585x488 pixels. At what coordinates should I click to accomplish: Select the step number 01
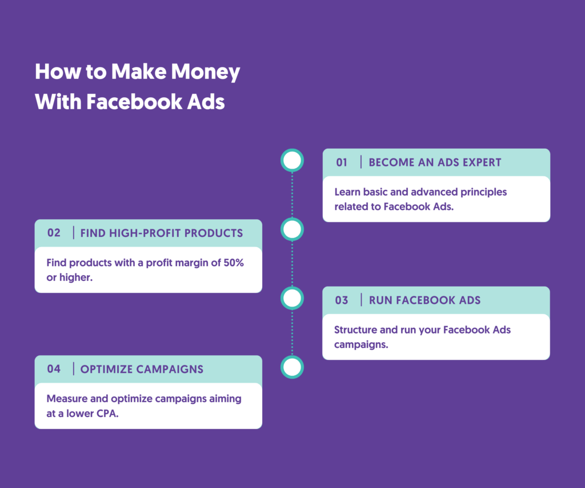pyautogui.click(x=341, y=162)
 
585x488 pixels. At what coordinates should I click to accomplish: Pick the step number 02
pyautogui.click(x=54, y=233)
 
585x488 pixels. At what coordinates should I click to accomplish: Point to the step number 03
pyautogui.click(x=342, y=300)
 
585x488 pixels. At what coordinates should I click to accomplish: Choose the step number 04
pyautogui.click(x=54, y=369)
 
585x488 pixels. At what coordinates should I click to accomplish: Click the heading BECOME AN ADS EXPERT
pyautogui.click(x=435, y=162)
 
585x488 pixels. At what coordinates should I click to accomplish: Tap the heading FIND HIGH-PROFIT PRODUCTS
pyautogui.click(x=162, y=233)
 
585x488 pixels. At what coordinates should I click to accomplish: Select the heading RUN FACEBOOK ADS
pyautogui.click(x=424, y=300)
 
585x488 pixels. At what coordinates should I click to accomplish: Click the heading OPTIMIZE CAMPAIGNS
pyautogui.click(x=142, y=369)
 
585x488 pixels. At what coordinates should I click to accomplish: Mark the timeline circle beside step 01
pyautogui.click(x=292, y=161)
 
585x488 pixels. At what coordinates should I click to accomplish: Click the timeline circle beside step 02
pyautogui.click(x=292, y=230)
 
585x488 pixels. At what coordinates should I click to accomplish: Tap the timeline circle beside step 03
pyautogui.click(x=292, y=298)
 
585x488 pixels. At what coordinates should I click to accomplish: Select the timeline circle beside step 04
pyautogui.click(x=292, y=367)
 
